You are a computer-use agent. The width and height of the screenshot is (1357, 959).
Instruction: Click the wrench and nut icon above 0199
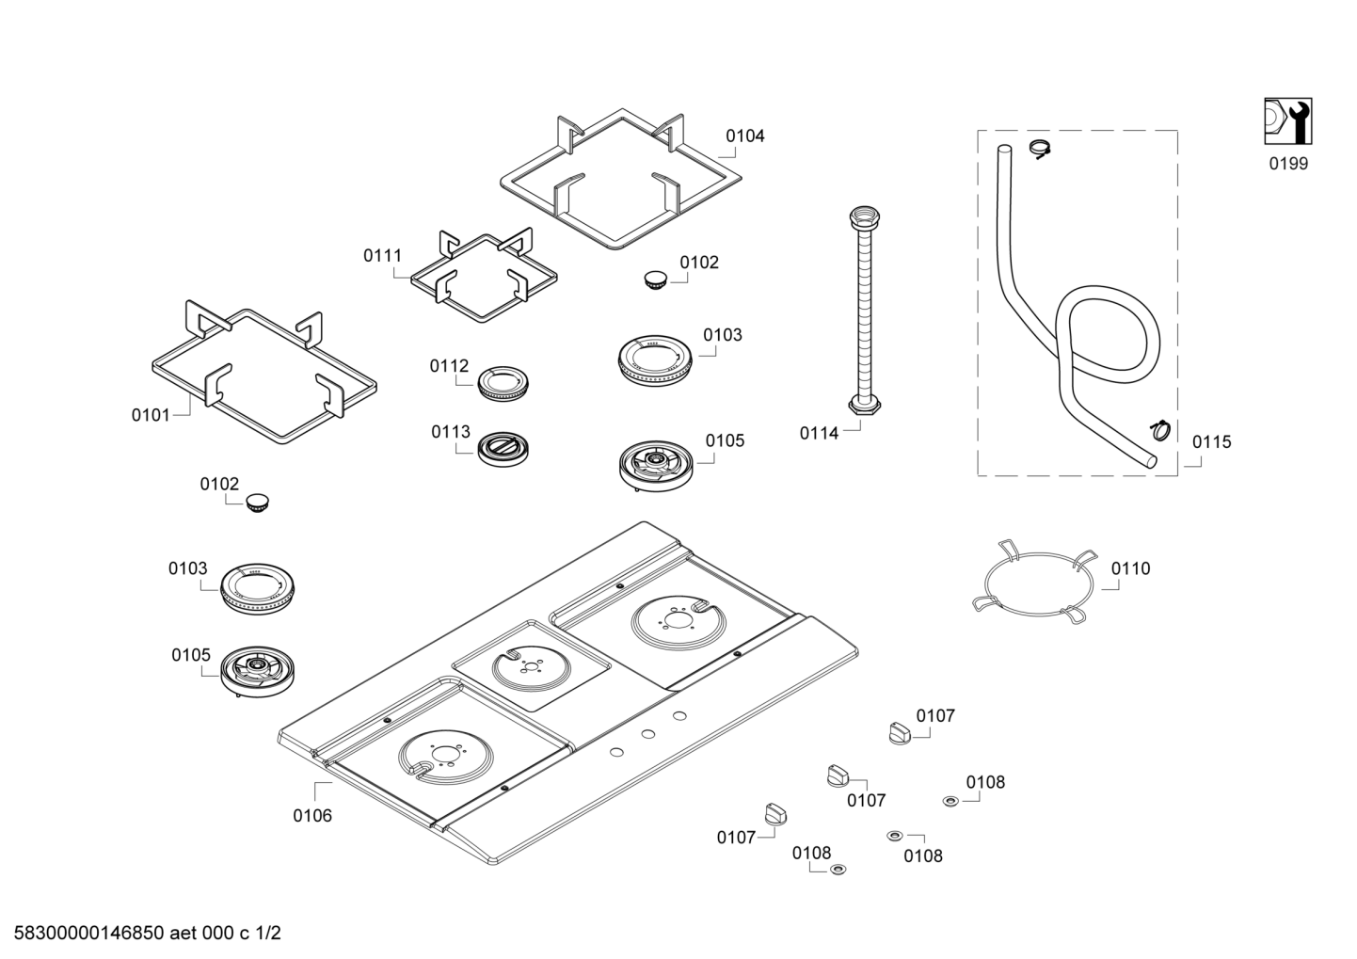1288,121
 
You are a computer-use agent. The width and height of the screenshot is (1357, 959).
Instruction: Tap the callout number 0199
1288,164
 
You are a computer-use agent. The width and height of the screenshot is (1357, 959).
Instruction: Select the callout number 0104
745,136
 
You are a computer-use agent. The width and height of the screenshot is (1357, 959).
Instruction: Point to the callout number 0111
382,256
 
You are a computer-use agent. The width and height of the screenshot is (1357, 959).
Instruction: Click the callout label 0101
151,416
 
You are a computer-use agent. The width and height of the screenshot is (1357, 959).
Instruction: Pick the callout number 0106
312,816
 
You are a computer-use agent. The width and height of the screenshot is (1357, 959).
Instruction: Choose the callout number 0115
1212,442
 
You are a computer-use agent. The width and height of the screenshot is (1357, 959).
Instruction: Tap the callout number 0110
1130,568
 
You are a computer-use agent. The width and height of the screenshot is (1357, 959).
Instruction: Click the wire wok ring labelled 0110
1035,582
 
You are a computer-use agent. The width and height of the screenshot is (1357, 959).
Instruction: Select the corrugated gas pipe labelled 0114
865,312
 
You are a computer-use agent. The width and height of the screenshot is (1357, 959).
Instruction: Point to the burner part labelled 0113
503,449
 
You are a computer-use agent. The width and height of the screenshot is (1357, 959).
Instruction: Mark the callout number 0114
819,434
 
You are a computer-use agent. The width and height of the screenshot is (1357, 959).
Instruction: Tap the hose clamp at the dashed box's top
1041,149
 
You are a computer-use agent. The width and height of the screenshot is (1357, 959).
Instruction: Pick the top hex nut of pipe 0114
865,216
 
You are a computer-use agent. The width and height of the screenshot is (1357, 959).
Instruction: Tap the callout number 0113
451,432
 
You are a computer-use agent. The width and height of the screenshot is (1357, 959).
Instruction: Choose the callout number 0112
450,366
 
